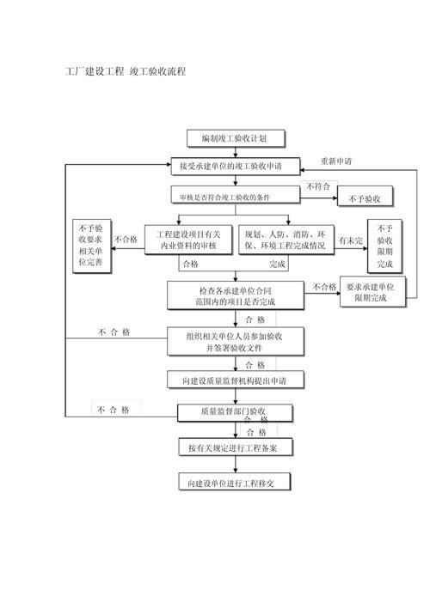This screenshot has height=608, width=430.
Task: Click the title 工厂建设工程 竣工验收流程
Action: point(126,71)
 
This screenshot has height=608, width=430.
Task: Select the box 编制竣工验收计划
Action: point(234,137)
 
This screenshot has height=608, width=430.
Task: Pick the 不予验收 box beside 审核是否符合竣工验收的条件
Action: point(364,198)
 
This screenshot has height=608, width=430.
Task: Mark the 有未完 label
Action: point(349,241)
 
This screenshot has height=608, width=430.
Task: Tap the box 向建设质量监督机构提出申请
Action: point(234,380)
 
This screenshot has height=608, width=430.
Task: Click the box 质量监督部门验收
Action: point(234,411)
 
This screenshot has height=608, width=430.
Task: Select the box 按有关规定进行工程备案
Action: point(234,448)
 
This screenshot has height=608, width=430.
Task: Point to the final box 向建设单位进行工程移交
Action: point(234,483)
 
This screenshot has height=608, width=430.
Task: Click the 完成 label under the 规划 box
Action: point(277,264)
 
